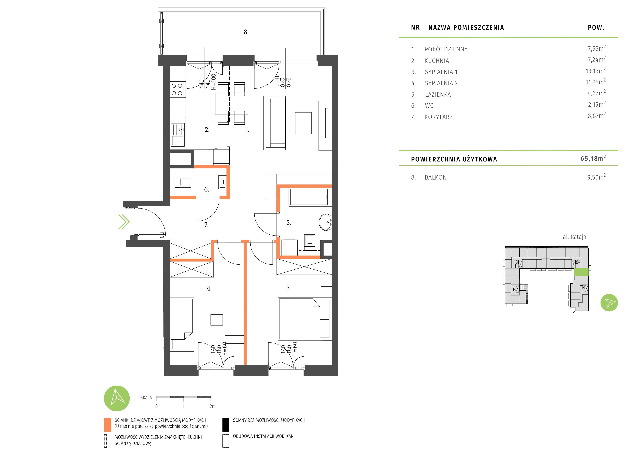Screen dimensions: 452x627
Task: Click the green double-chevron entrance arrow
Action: pos(124,222)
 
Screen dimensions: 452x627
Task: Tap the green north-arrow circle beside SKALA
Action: pos(117,398)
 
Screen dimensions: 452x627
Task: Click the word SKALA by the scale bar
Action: pos(146,398)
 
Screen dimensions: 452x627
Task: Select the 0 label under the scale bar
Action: pos(157,406)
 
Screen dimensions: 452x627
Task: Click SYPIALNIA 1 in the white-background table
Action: pos(441,72)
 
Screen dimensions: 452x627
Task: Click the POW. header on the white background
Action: pos(596,28)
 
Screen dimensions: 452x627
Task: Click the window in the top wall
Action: pos(205,61)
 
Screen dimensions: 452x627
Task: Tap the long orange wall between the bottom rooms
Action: pos(245,303)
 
